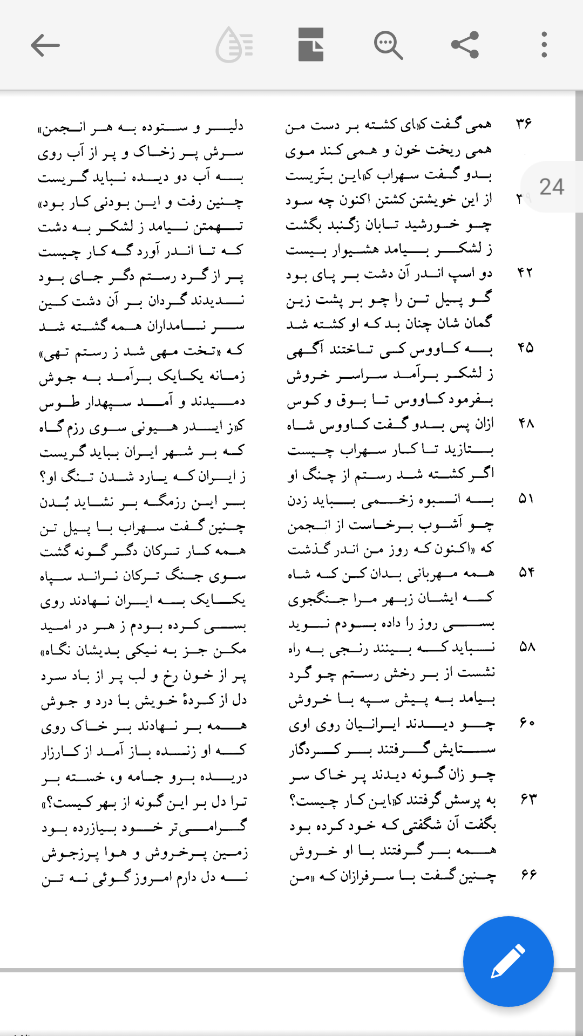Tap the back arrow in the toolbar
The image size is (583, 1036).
tap(45, 45)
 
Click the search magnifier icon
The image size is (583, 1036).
tap(388, 45)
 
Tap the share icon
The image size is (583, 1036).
tap(465, 45)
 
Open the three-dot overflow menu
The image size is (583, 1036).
tap(544, 45)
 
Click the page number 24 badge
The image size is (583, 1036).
tap(552, 187)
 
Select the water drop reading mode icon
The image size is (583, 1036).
tap(234, 45)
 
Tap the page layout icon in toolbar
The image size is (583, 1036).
tap(311, 45)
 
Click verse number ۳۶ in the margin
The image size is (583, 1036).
tap(524, 124)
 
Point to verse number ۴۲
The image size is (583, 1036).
tap(525, 272)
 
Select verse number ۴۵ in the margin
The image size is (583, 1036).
tap(525, 347)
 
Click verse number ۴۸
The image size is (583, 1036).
tap(526, 424)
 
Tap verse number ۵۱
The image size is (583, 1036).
tap(526, 499)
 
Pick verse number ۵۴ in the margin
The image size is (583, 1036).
tap(526, 572)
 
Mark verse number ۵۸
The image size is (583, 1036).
tap(527, 646)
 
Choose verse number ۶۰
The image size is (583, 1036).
tap(527, 722)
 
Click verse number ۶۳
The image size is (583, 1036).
tap(528, 798)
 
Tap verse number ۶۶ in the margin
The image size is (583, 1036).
tap(528, 874)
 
